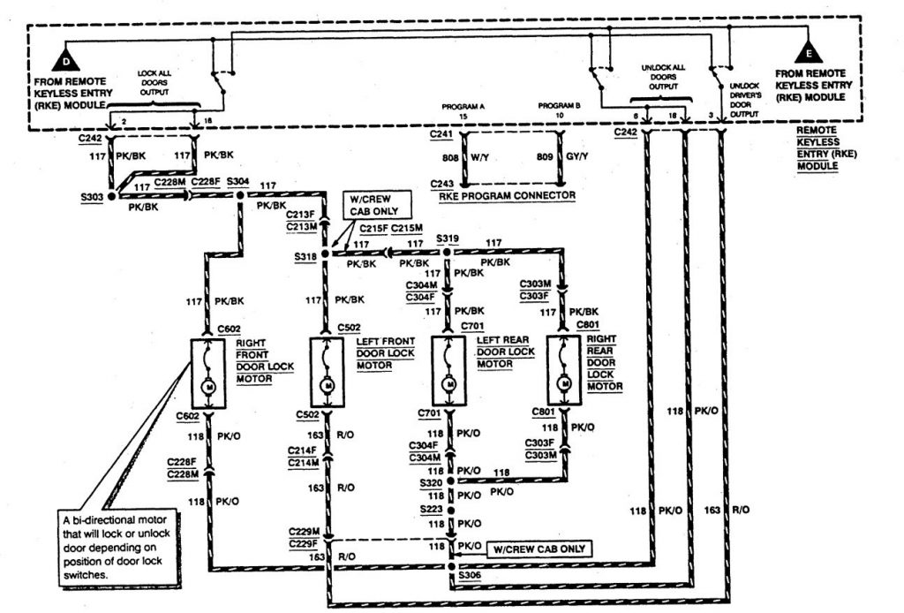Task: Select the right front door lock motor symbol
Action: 208,373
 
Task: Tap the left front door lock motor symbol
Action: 327,373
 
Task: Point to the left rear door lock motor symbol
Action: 449,373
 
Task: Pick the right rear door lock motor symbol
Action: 563,373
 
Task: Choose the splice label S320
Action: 431,483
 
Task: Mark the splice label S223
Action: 431,510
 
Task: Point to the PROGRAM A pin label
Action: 463,107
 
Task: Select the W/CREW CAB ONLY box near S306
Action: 539,549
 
